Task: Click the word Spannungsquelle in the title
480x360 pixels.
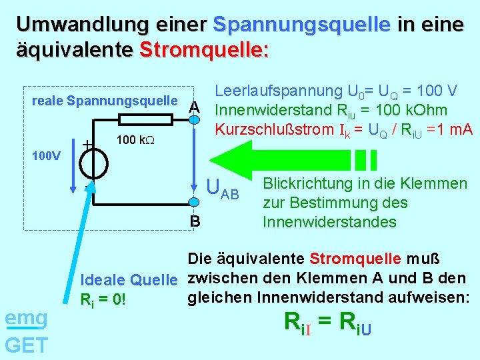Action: coord(301,25)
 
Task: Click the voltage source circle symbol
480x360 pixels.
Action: coord(93,161)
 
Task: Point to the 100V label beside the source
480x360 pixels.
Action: coord(47,156)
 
